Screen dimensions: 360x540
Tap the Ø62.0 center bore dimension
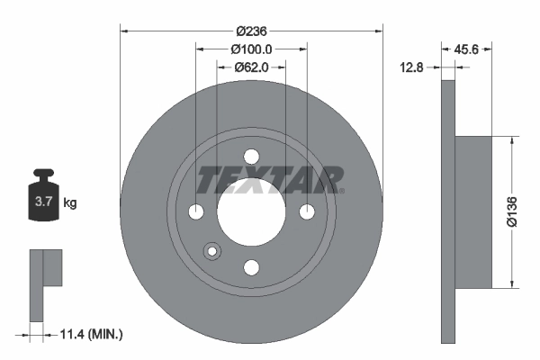click(251, 67)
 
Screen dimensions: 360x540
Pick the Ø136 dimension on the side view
click(526, 212)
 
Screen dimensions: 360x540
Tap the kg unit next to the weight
click(70, 203)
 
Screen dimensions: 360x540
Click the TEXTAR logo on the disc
click(270, 180)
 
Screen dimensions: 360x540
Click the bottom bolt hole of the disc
click(251, 266)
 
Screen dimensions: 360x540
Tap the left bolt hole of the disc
click(196, 211)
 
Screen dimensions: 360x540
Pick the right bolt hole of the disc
click(307, 211)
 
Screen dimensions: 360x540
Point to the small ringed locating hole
click(212, 253)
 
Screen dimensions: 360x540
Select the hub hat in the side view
click(475, 212)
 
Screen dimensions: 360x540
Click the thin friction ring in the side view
click(448, 212)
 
